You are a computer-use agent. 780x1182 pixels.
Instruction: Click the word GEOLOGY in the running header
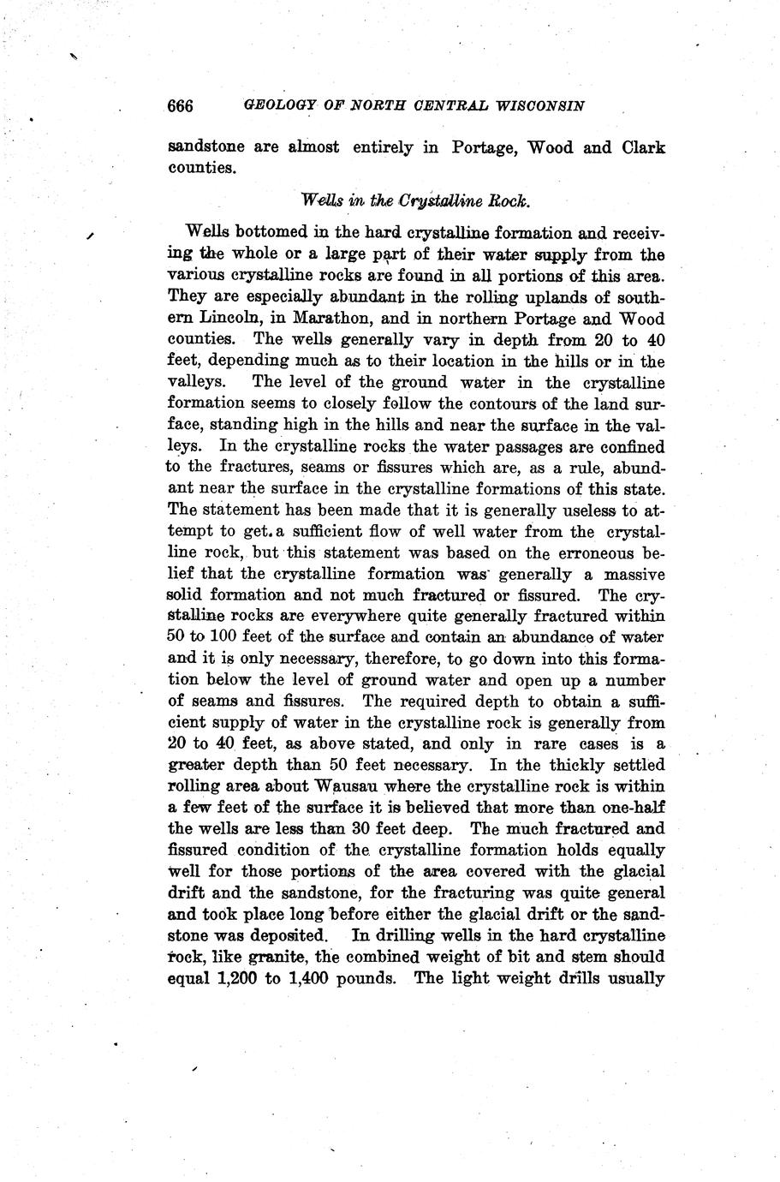pyautogui.click(x=279, y=106)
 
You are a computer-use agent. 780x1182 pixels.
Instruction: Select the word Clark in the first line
pyautogui.click(x=643, y=147)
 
